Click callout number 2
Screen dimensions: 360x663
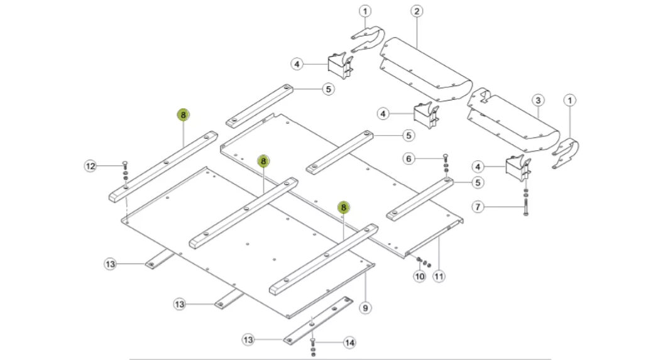[x=417, y=11]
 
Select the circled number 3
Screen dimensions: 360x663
[x=537, y=100]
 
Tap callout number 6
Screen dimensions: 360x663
[x=409, y=159]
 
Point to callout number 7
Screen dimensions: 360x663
[x=478, y=207]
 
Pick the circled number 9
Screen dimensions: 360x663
[x=364, y=308]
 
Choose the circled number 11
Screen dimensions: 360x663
[x=439, y=276]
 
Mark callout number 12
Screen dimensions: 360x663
[x=91, y=166]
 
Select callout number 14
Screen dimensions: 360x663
[x=349, y=342]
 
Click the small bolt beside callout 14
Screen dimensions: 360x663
[x=312, y=343]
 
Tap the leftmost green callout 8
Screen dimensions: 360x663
[x=183, y=115]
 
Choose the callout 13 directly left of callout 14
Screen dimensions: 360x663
[x=249, y=340]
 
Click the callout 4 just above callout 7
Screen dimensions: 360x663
[x=478, y=166]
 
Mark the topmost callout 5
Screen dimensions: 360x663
[x=328, y=89]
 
